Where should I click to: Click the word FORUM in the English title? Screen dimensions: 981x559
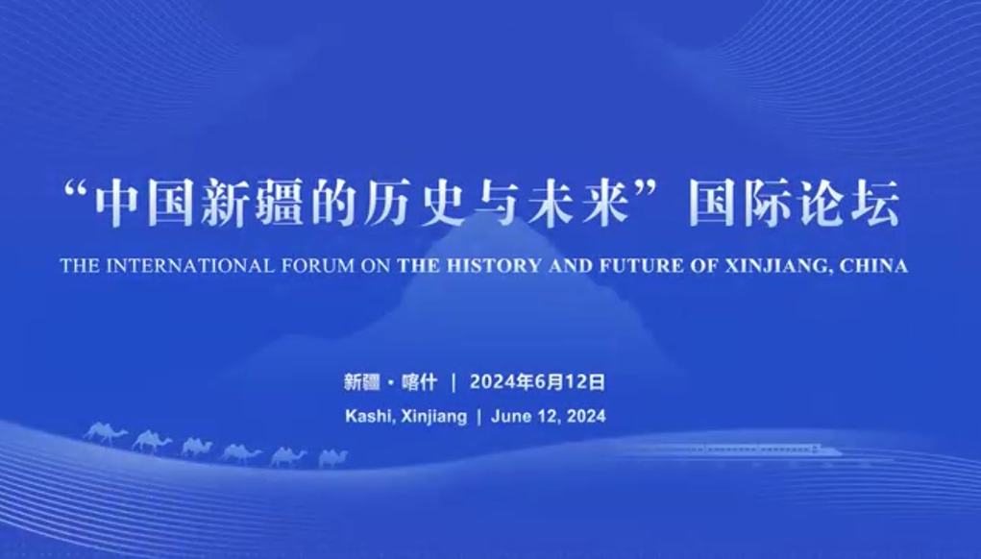click(318, 266)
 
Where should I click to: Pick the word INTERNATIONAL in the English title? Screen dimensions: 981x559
click(190, 266)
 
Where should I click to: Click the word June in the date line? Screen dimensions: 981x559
click(508, 416)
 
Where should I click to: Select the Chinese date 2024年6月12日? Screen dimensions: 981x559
click(537, 381)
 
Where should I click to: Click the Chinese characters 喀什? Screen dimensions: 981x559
click(419, 381)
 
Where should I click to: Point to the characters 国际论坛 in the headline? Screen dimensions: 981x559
click(795, 203)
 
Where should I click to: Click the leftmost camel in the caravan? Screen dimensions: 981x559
click(105, 432)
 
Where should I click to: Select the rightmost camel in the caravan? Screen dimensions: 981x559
click(332, 458)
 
